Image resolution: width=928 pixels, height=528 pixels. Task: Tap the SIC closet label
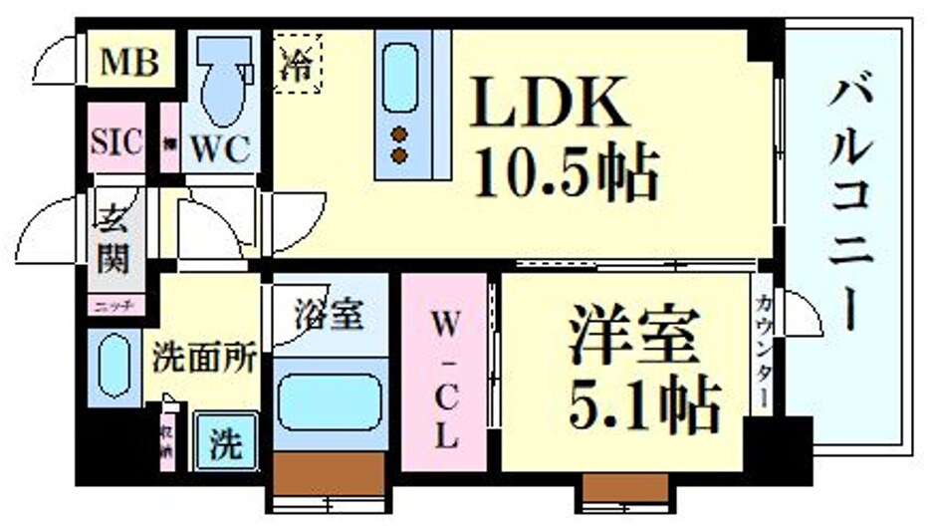(x=116, y=139)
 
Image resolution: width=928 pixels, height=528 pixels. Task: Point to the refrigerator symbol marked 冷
(x=297, y=63)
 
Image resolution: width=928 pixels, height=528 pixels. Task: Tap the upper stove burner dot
(x=400, y=133)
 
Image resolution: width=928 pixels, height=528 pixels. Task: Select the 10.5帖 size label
(x=566, y=175)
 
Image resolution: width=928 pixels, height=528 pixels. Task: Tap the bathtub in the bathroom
(x=329, y=400)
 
